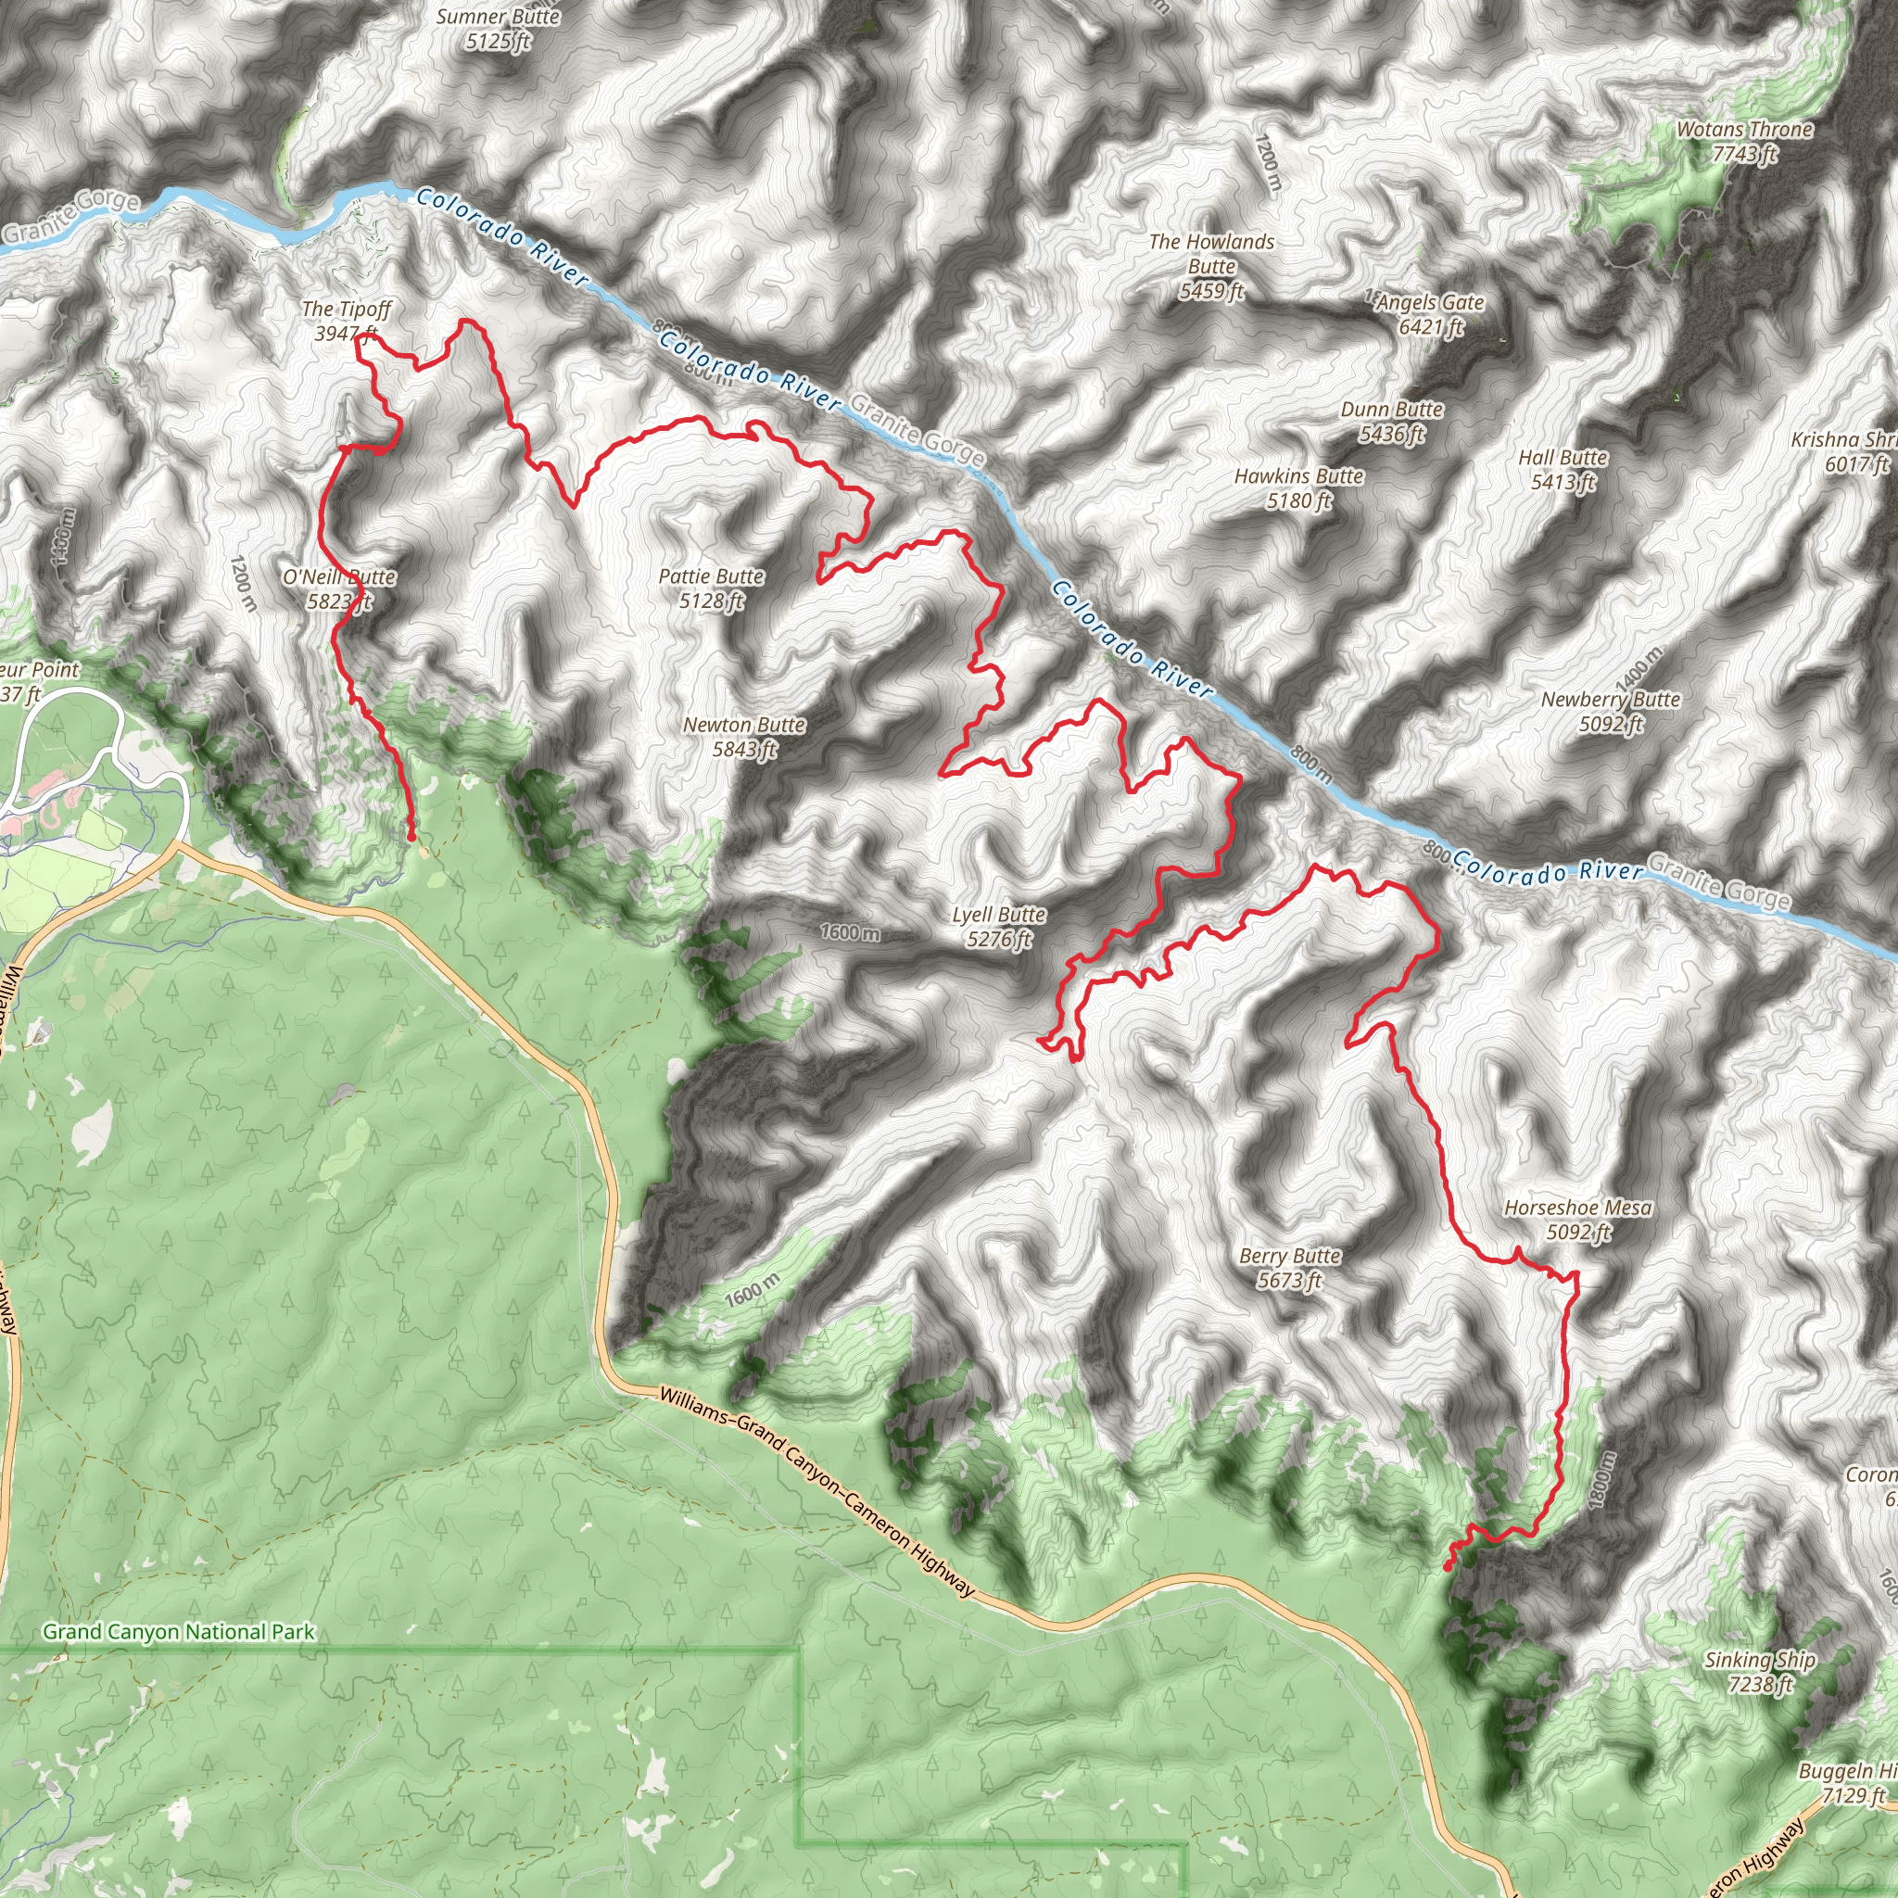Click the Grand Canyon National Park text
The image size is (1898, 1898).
coord(179,1632)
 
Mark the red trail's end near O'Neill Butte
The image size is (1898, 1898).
coord(411,837)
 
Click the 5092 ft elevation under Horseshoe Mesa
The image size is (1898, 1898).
coord(1578,1233)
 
